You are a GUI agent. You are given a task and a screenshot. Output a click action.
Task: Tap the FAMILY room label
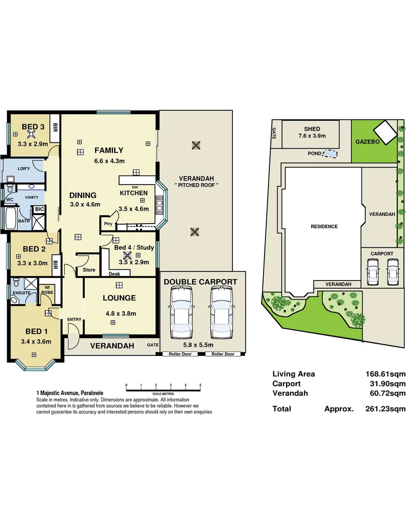point(109,150)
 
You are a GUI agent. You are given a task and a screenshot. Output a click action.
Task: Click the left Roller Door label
point(180,354)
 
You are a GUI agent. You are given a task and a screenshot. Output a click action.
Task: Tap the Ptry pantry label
point(107,224)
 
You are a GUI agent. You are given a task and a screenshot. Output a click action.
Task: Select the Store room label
point(89,270)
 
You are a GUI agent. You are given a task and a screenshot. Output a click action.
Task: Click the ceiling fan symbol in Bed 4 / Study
point(127,256)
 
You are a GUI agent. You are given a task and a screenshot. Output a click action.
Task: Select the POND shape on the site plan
point(330,154)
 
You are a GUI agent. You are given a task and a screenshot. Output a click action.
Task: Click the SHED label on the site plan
point(312,129)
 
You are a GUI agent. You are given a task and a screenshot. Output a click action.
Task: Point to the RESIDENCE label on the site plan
point(324,227)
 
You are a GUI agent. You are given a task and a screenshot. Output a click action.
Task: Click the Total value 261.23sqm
point(385,409)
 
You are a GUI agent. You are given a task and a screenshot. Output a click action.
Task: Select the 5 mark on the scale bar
point(200,385)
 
